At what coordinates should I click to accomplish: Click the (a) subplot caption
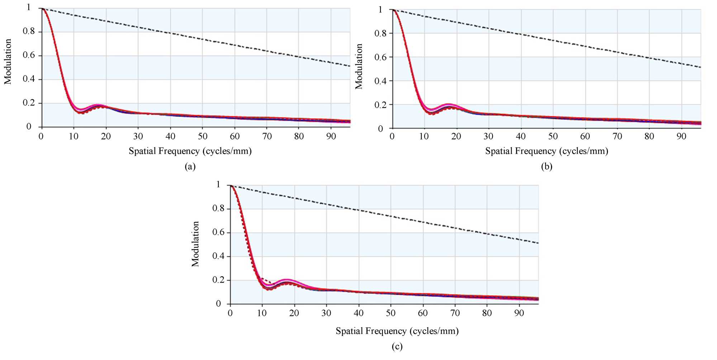(190, 166)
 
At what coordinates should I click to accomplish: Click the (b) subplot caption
(546, 166)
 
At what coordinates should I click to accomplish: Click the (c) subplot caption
(397, 346)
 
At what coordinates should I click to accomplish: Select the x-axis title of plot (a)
(190, 151)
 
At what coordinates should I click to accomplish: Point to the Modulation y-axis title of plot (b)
(359, 66)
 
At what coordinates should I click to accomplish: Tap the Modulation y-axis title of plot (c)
(195, 244)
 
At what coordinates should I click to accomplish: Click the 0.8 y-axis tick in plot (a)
(29, 31)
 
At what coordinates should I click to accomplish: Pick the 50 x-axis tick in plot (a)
(203, 136)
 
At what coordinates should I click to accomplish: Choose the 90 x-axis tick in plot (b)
(681, 136)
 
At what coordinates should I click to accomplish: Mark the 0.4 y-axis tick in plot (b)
(380, 81)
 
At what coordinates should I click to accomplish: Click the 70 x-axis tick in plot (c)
(455, 313)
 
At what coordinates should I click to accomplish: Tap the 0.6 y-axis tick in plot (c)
(218, 232)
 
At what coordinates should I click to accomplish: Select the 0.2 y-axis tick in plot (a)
(29, 103)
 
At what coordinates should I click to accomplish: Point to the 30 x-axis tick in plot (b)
(488, 136)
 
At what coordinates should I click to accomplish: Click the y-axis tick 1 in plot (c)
(218, 185)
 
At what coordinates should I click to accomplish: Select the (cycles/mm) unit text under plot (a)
(228, 151)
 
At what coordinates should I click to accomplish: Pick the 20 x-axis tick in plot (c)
(294, 313)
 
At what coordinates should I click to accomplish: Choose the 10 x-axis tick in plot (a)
(73, 136)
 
